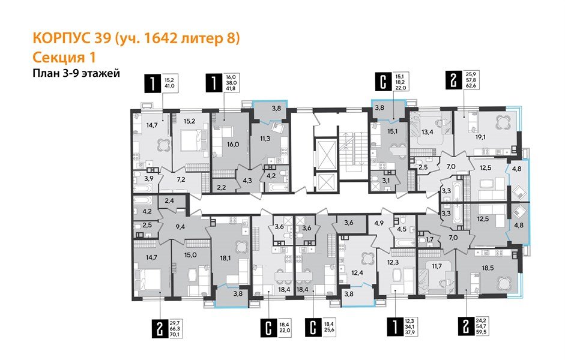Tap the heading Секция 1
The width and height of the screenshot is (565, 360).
coord(63,58)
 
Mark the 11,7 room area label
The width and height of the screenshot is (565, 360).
coord(434,266)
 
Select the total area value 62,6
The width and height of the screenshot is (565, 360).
coord(471,85)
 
